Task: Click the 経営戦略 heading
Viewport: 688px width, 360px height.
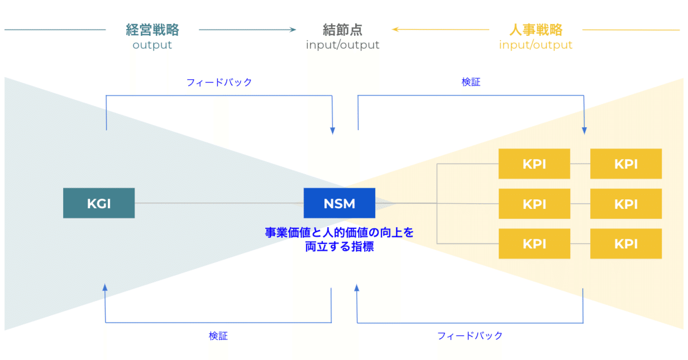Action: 152,30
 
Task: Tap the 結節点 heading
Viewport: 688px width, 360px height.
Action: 342,30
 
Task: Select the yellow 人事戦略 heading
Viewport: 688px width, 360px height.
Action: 536,30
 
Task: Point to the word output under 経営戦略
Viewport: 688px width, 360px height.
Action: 152,45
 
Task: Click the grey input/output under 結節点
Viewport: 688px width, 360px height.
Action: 342,45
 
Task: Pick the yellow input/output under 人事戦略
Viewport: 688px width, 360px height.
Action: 536,45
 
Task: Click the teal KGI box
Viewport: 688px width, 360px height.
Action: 99,203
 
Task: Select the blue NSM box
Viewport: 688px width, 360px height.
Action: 340,203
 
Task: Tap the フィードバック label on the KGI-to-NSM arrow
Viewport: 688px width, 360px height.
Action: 219,83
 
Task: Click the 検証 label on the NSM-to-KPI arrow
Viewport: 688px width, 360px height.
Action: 471,83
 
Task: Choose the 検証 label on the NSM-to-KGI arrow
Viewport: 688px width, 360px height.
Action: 218,336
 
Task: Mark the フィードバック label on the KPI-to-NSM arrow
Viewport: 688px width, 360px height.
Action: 470,336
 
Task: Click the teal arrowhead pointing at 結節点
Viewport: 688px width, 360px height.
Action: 294,30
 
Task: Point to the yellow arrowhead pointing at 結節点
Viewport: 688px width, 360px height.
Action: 394,30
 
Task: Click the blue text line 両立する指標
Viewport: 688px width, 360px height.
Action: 340,246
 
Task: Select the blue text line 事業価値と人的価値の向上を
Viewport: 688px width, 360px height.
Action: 340,232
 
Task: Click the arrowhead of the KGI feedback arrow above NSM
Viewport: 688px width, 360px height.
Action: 333,131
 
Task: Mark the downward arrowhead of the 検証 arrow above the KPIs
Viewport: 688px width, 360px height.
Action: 584,131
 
